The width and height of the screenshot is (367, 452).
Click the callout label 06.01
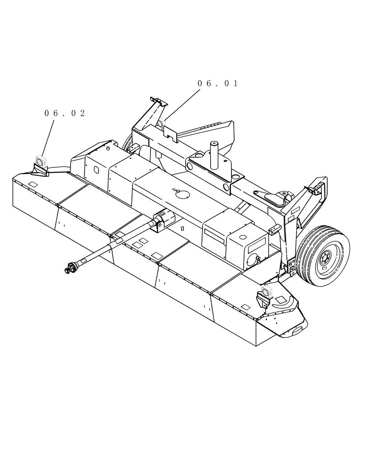point(217,84)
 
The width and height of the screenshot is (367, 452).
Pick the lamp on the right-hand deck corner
point(265,292)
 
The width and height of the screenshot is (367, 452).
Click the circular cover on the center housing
point(182,193)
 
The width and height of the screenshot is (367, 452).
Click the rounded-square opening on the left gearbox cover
point(96,170)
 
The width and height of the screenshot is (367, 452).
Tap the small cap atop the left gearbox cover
point(108,147)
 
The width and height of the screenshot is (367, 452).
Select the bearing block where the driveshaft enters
point(161,221)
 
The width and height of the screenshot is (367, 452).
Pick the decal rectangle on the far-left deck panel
point(33,184)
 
